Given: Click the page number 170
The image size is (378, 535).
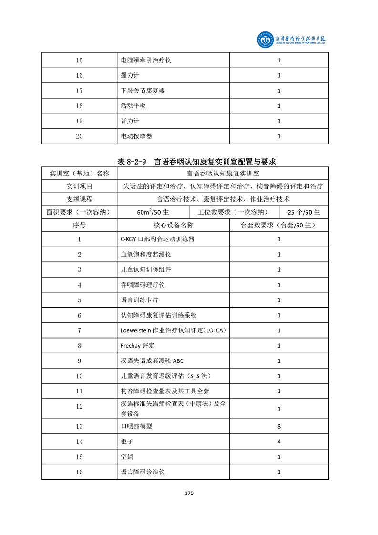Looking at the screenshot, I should pyautogui.click(x=189, y=493).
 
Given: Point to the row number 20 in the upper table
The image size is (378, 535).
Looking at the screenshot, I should pyautogui.click(x=79, y=136).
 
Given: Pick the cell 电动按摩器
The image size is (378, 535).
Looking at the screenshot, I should pyautogui.click(x=137, y=136).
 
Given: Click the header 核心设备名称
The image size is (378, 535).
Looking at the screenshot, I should pyautogui.click(x=174, y=225).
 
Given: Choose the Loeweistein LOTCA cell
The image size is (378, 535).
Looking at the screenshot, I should pyautogui.click(x=173, y=330).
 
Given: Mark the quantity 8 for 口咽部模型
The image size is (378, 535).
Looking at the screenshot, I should pyautogui.click(x=279, y=426).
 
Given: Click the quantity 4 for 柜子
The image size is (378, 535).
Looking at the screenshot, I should pyautogui.click(x=279, y=442).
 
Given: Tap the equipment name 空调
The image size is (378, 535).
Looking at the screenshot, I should pyautogui.click(x=127, y=457).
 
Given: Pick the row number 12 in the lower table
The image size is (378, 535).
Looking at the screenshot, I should pyautogui.click(x=79, y=406).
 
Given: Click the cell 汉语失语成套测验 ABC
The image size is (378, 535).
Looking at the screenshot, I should pyautogui.click(x=152, y=361).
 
